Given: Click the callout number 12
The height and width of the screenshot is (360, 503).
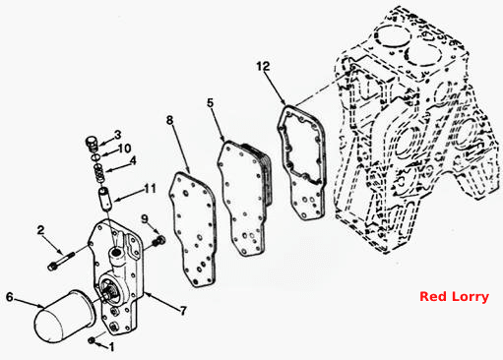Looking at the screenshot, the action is pos(263,66).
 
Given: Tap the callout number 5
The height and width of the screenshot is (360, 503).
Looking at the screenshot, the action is pos(211,103).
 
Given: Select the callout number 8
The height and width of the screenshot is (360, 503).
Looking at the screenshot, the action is pos(169,120).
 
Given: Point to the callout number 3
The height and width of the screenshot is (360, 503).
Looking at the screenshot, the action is pos(117,135).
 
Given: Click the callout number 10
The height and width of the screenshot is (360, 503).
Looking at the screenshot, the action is pos(124,149).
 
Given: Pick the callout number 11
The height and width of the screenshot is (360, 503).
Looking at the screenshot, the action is pos(151,189).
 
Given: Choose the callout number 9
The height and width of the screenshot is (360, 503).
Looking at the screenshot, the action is pos(145,218).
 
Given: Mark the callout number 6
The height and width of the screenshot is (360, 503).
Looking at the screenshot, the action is pos(10,297).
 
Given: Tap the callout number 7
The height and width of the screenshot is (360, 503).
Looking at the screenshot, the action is pos(183,310).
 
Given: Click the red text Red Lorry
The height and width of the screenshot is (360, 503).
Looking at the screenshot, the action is pos(454,297).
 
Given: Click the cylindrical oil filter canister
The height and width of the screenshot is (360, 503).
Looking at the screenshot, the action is pos(64,316).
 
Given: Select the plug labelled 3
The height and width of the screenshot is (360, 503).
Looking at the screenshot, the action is pos(93,145).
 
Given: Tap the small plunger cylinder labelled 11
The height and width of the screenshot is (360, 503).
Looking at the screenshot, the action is pos(106,199).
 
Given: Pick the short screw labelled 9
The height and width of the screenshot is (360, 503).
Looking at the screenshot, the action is pos(158,241).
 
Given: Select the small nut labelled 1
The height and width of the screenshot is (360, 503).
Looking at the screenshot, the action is pos(92,340).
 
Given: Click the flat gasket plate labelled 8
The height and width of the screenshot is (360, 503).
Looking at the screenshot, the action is pos(192,229).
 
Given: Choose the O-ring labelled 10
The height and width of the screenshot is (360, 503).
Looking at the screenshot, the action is pos(95,157).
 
